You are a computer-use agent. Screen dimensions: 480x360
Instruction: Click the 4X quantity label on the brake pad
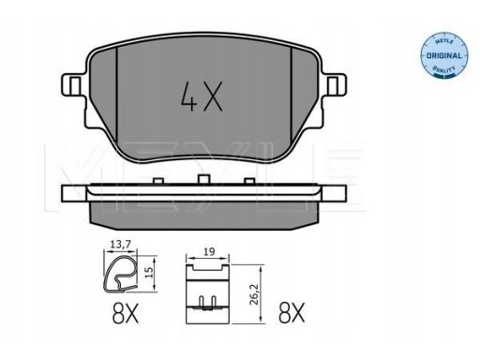[202, 97]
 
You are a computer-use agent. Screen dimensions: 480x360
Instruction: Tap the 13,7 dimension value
[120, 244]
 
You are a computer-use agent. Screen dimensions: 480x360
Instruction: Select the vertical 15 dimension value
[150, 272]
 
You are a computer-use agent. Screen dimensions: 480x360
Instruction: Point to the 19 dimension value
[209, 251]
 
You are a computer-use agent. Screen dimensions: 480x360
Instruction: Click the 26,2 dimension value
[255, 294]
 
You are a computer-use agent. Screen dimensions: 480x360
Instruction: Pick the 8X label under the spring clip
[125, 313]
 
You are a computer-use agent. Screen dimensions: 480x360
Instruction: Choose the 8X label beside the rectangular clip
[292, 313]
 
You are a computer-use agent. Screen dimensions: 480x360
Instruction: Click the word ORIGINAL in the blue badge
[444, 56]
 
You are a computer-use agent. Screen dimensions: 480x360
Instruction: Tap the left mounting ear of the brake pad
[72, 84]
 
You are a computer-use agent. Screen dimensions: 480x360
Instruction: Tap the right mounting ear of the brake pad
[335, 84]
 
